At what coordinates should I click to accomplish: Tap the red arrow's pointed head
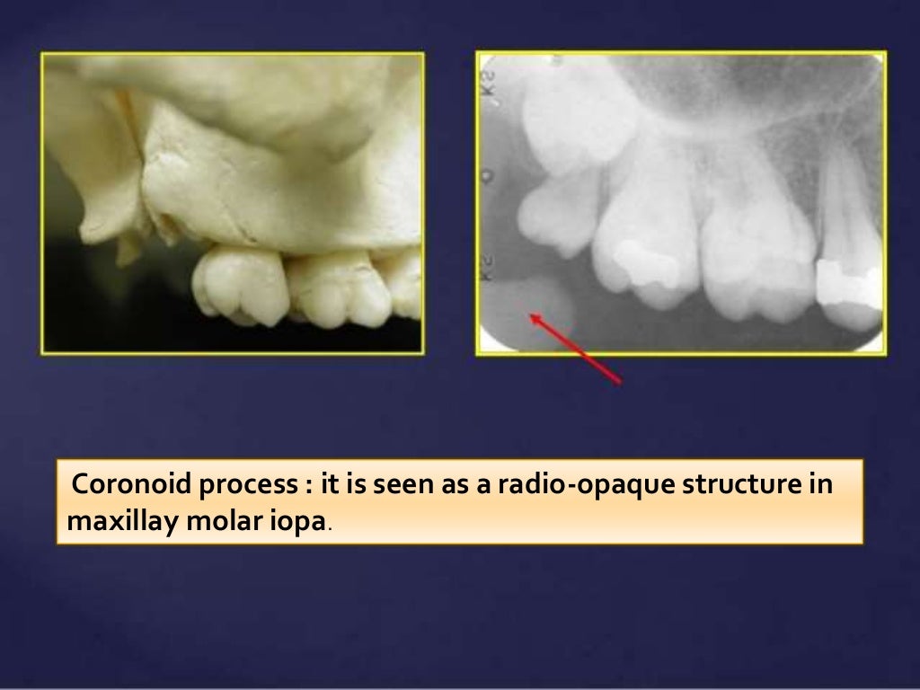click(532, 314)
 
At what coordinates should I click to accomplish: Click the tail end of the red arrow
click(620, 384)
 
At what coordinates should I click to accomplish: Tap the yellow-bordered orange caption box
click(459, 501)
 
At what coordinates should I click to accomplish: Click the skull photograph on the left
click(233, 203)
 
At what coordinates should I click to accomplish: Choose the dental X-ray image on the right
click(680, 203)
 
